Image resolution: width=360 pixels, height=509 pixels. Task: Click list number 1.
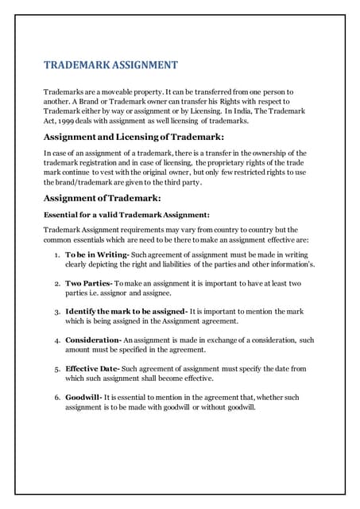click(x=56, y=253)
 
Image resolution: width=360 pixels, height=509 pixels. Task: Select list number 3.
click(x=56, y=311)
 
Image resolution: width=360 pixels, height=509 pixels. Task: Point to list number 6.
click(x=56, y=398)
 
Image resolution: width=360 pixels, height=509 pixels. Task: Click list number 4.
click(x=56, y=340)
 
